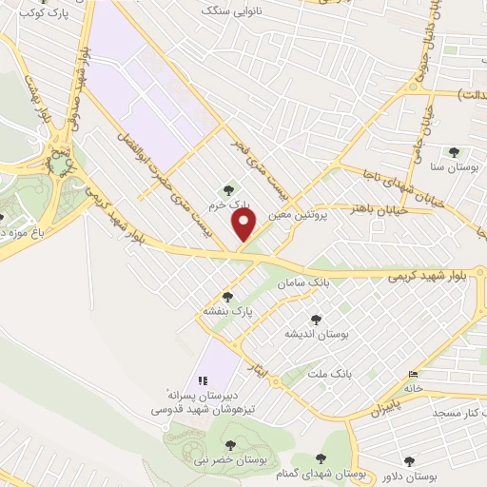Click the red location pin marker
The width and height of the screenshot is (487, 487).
coord(245,224)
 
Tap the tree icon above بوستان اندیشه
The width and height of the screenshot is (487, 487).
coord(316,320)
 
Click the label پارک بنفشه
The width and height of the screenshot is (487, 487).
coord(226,310)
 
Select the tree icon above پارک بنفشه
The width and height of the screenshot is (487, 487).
coord(226,296)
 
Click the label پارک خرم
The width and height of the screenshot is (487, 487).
coord(231,204)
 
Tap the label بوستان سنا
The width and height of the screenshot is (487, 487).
coord(453,166)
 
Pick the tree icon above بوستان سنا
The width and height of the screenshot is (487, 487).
coord(453,151)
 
